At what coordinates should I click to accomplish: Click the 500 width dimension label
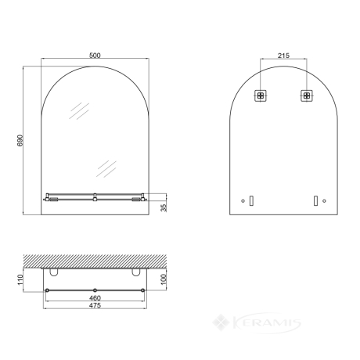click(x=95, y=56)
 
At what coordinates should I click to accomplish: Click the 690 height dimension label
click(x=20, y=141)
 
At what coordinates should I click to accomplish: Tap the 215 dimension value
click(x=283, y=56)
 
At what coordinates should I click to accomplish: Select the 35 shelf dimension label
click(x=164, y=208)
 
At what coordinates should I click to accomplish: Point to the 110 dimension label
click(x=20, y=279)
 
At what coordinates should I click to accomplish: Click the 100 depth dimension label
click(x=164, y=279)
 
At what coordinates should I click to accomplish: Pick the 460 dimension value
click(x=95, y=298)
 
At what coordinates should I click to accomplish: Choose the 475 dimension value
click(x=95, y=305)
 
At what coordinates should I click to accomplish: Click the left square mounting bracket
click(x=261, y=95)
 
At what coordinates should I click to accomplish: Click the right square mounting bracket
click(x=307, y=95)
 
